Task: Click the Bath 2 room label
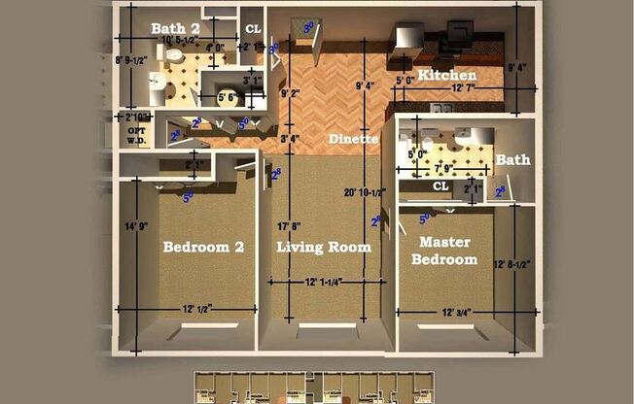[x=175, y=28]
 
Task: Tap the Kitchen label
[x=447, y=75]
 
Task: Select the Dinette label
[x=352, y=139]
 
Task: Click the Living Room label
[x=324, y=247]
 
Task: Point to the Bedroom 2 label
[x=203, y=247]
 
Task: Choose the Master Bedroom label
[x=444, y=251]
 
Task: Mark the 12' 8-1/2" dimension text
[x=516, y=263]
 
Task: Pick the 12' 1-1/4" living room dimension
[x=325, y=283]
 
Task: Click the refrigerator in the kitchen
[x=405, y=43]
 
